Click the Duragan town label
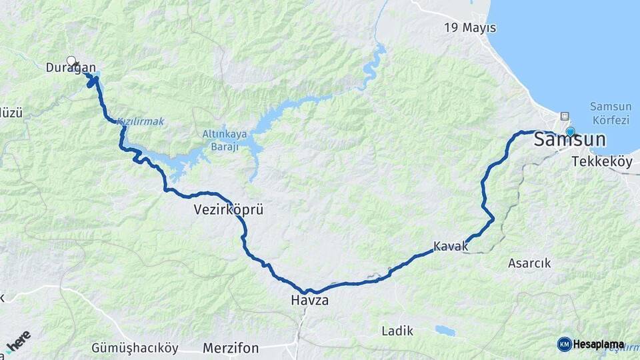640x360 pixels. tap(71, 67)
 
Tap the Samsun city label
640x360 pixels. tap(569, 140)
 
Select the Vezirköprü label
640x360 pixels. tap(229, 209)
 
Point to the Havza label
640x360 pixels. tap(309, 301)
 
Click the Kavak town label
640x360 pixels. tap(451, 247)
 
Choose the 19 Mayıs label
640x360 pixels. tap(471, 28)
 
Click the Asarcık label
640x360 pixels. tap(529, 263)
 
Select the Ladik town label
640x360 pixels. tap(397, 331)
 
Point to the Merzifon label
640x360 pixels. tap(231, 348)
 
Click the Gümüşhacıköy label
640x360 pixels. tap(135, 348)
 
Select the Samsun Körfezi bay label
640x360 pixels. tap(609, 113)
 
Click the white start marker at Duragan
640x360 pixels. tap(71, 61)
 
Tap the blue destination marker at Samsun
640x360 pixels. tap(570, 131)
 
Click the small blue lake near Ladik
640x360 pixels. tap(445, 330)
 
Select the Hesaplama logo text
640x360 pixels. tap(599, 345)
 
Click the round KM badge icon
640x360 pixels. tap(564, 344)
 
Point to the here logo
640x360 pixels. tap(18, 341)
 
